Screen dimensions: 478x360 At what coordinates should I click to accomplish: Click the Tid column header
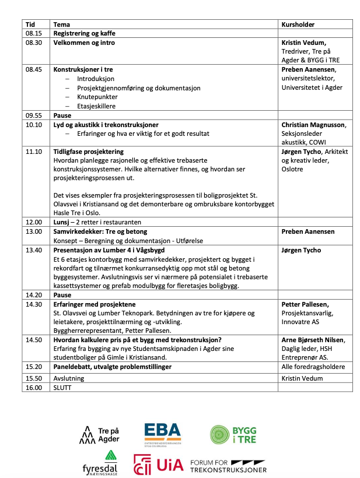point(30,24)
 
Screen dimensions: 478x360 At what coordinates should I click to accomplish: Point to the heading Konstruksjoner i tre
point(83,69)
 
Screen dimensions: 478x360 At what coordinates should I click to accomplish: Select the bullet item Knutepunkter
point(97,97)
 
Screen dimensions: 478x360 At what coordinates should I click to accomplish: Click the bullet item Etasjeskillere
point(96,106)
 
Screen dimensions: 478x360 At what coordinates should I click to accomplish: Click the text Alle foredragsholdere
point(313,367)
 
